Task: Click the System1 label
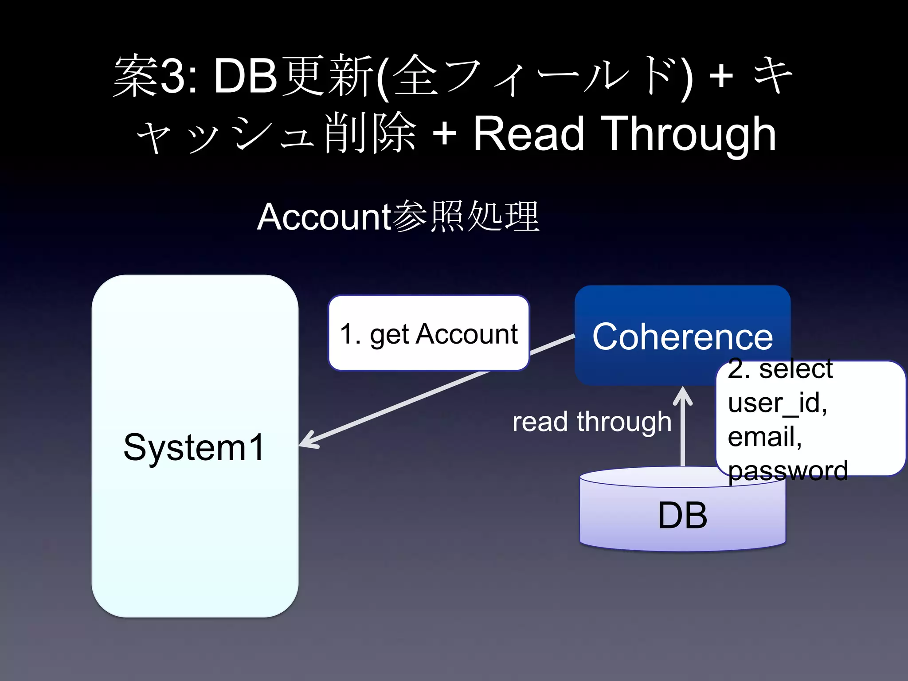click(x=194, y=447)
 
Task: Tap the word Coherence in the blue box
click(x=682, y=337)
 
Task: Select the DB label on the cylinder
click(x=682, y=515)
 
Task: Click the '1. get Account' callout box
click(x=429, y=333)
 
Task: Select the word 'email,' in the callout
click(x=765, y=436)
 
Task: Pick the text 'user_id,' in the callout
click(x=777, y=403)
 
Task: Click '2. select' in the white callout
click(x=780, y=369)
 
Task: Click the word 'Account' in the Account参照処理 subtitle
click(x=324, y=217)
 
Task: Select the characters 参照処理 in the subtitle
click(x=466, y=217)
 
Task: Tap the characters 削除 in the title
click(x=370, y=133)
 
